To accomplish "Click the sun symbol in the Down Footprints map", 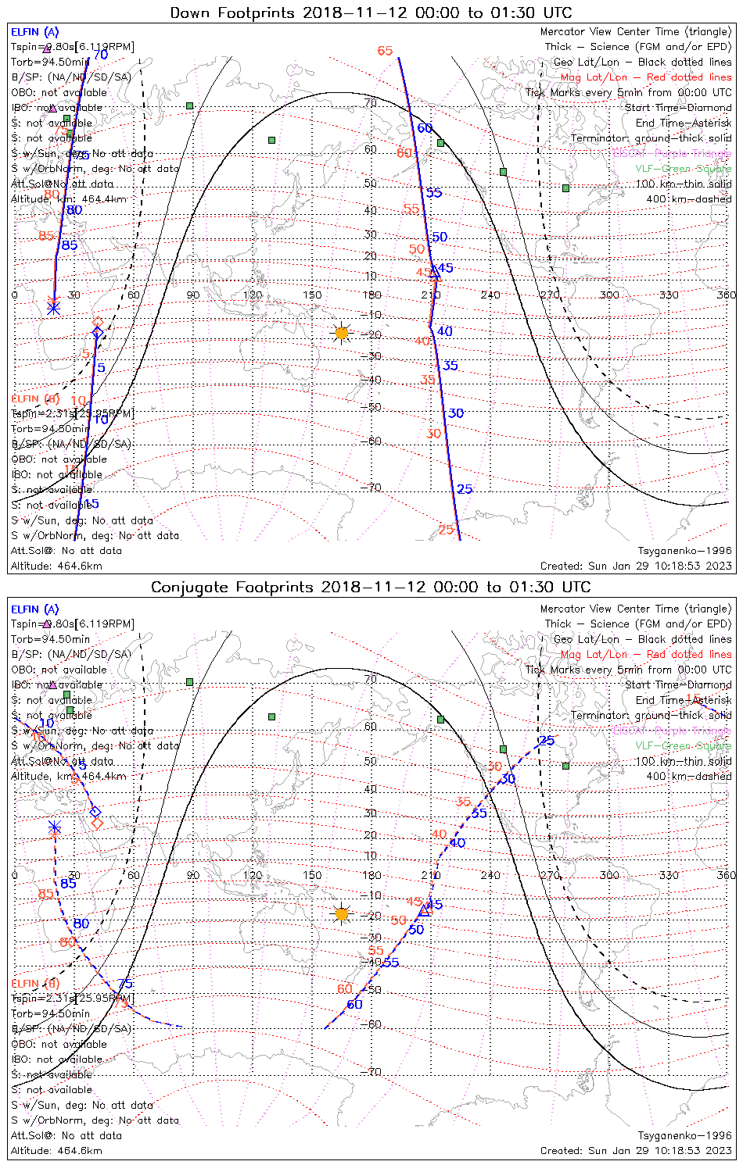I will click(341, 333).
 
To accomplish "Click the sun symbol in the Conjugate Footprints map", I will click(341, 913).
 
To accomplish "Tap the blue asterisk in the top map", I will click(53, 308).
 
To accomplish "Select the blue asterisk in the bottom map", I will click(54, 827).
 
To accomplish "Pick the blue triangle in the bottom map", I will click(425, 910).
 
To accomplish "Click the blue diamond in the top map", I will click(98, 333).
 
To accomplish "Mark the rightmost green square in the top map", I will click(565, 188).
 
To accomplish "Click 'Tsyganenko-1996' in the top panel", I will click(684, 551).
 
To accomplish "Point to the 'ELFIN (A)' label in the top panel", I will click(34, 32).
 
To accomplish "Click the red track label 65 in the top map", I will click(385, 51).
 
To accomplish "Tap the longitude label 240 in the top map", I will click(490, 295).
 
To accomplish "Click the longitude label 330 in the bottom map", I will click(669, 875).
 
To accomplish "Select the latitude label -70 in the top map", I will click(371, 488).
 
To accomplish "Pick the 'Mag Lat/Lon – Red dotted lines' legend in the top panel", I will click(646, 77).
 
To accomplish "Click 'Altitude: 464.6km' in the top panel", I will click(56, 566).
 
